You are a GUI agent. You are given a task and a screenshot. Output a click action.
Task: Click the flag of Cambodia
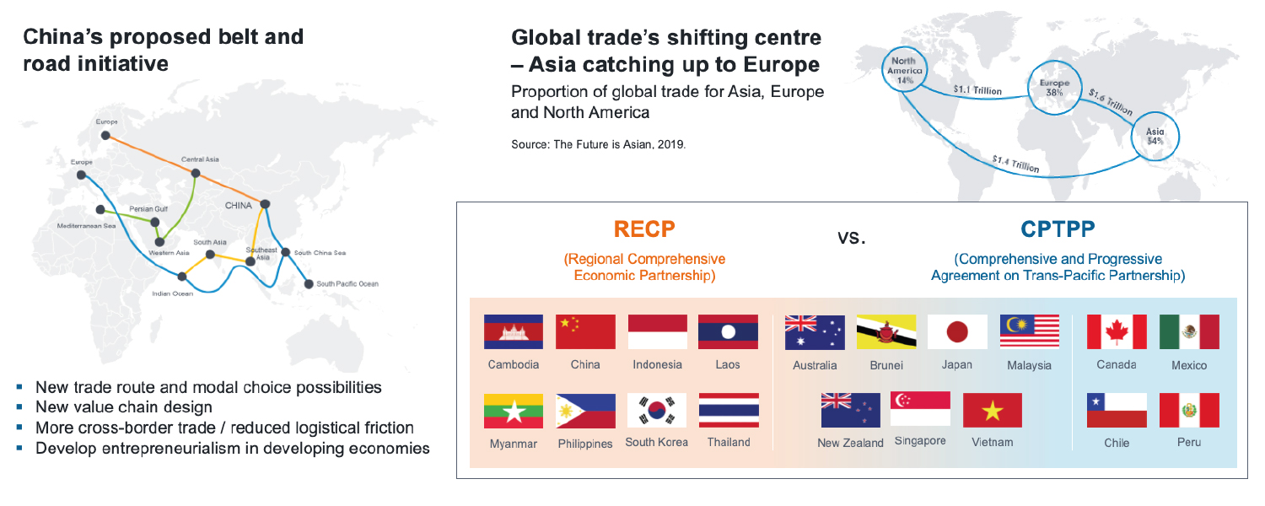pos(513,332)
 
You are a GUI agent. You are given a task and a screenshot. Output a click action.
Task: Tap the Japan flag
pos(957,332)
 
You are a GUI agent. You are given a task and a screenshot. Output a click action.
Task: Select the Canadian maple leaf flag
pos(1117,331)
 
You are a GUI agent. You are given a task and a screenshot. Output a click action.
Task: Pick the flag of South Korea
pos(656,410)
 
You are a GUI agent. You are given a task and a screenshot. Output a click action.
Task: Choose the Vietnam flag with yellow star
pos(993,410)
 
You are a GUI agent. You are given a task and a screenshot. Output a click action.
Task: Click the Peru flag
pos(1189,410)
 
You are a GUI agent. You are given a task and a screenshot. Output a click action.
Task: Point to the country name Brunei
pos(886,366)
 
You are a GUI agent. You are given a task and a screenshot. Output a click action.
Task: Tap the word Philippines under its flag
pos(584,444)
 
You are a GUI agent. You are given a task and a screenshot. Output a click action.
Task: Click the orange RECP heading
pos(644,229)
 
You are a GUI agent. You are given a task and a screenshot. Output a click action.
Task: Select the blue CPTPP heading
pos(1058,229)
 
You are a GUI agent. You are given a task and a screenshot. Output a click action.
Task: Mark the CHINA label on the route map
pos(239,205)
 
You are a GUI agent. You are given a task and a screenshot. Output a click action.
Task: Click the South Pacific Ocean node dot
pos(309,283)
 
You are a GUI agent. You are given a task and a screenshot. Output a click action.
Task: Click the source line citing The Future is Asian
pos(598,144)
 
